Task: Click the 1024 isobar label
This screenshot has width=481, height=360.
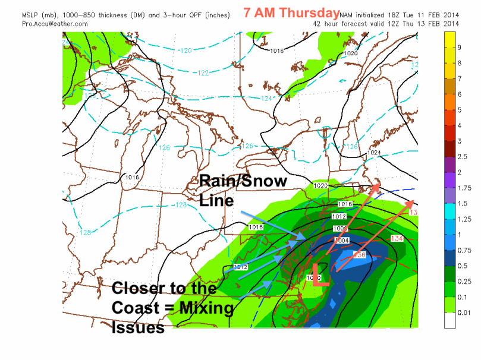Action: (x=373, y=153)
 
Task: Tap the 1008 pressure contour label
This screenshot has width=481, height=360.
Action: (x=341, y=228)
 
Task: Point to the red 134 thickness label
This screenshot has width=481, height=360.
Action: (x=397, y=238)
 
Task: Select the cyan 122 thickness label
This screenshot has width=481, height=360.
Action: (x=203, y=73)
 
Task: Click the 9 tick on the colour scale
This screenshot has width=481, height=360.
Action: (x=459, y=47)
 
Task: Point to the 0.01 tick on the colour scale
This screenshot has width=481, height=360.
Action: (x=463, y=312)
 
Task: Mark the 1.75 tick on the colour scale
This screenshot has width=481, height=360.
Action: (x=463, y=188)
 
